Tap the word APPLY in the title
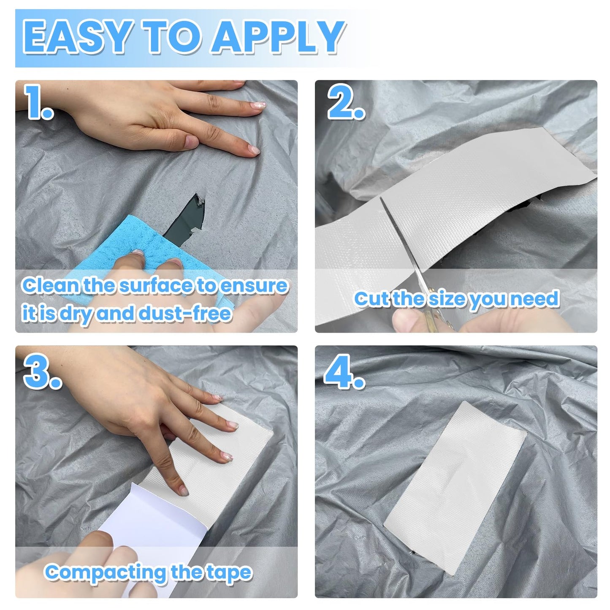278,37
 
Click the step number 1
38,102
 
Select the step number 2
346,102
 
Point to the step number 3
42,371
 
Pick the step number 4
344,371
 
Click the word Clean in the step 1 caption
51,285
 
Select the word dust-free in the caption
185,314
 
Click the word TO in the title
172,37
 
